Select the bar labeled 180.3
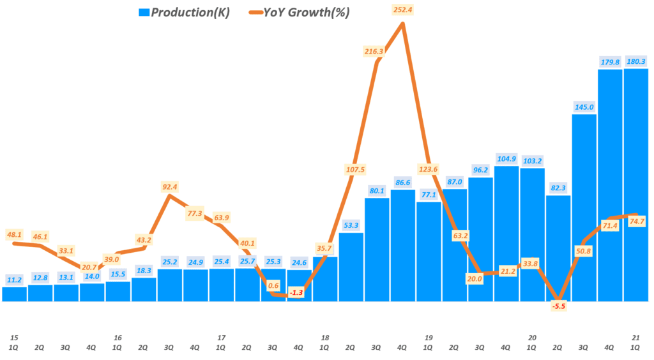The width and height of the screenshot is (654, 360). point(636,185)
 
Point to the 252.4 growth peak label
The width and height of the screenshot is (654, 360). point(402,10)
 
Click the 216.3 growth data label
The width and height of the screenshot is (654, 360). point(376,50)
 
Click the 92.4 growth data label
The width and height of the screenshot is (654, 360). point(169,187)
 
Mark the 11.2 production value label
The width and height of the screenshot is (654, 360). point(15,279)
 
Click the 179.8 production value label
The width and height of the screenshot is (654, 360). point(610,62)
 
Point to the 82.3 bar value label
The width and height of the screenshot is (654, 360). point(558,188)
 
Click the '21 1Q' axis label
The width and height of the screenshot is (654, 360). point(636,342)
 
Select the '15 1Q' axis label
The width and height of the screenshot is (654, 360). point(15,342)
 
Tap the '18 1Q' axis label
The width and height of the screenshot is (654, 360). point(325,342)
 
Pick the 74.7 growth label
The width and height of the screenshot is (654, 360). point(636,222)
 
